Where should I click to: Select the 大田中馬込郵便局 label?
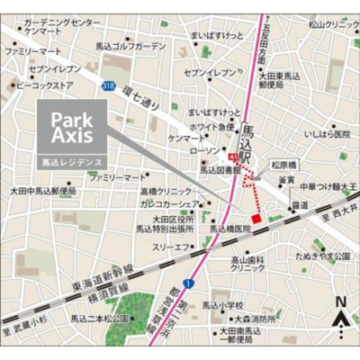pyautogui.click(x=43, y=191)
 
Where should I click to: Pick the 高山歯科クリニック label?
pyautogui.click(x=247, y=263)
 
